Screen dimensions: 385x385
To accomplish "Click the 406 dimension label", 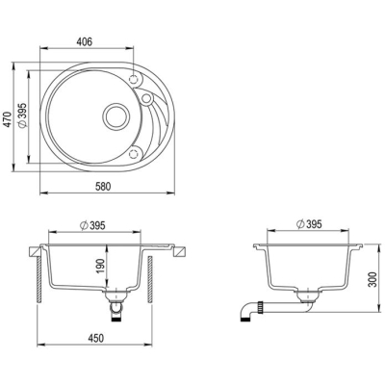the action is coord(85,41).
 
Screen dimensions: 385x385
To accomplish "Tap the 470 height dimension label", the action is coord(8,119).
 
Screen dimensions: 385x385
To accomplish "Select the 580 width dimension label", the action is coord(103,187).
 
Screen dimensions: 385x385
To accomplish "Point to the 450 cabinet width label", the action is coord(96,338).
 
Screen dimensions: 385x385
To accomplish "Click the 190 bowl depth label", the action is coord(100,266).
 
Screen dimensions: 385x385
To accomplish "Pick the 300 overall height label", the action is coord(372,279).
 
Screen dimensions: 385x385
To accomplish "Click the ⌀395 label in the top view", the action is coord(22,115).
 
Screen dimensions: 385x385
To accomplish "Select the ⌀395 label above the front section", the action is coord(92,225).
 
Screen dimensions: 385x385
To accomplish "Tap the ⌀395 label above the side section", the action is coord(309,224).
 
